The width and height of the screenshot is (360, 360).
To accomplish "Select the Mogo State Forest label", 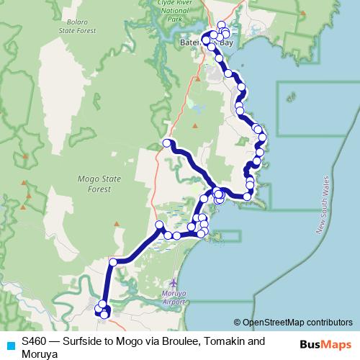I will click(94, 184).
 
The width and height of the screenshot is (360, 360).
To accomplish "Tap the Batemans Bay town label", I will click(205, 43).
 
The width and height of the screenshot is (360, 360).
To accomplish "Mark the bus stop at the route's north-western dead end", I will click(166, 143).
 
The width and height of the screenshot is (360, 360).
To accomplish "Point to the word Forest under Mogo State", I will click(94, 189).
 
